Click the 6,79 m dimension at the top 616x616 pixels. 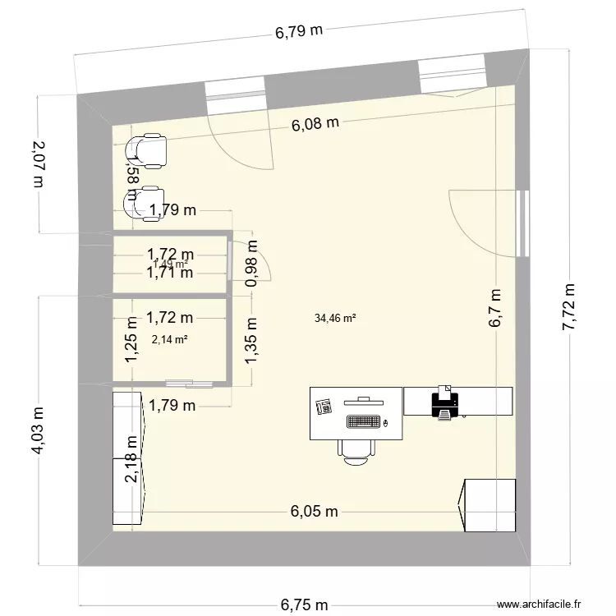(297, 33)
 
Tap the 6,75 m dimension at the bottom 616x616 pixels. (304, 605)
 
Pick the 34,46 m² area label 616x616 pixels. (334, 319)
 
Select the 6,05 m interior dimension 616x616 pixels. (314, 511)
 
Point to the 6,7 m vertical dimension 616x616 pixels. (496, 308)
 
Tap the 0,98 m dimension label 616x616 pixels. (252, 262)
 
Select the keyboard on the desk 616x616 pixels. (364, 422)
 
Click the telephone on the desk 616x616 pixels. (323, 405)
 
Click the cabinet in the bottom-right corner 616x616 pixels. (489, 505)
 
